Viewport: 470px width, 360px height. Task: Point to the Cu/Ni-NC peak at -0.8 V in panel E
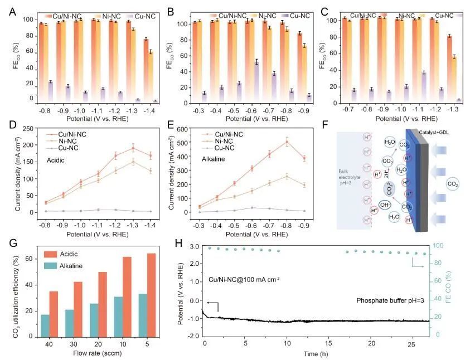pyautogui.click(x=287, y=142)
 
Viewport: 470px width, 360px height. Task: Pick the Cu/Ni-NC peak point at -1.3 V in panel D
pyautogui.click(x=133, y=148)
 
